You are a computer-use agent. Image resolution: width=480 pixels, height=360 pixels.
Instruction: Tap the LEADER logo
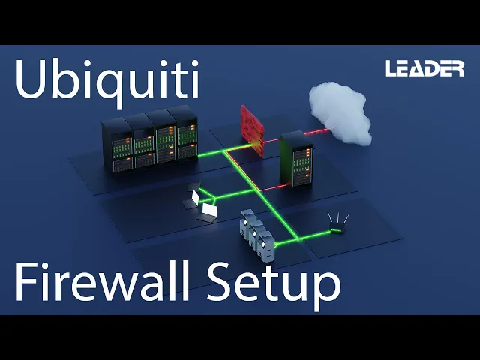click(x=424, y=69)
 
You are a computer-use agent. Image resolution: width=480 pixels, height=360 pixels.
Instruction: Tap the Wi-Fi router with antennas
click(x=337, y=226)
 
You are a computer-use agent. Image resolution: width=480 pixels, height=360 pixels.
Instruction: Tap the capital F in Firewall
click(x=27, y=283)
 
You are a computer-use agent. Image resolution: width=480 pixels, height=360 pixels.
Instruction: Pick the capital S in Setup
click(x=213, y=283)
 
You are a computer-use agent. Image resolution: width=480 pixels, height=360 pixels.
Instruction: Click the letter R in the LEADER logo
click(x=457, y=69)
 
